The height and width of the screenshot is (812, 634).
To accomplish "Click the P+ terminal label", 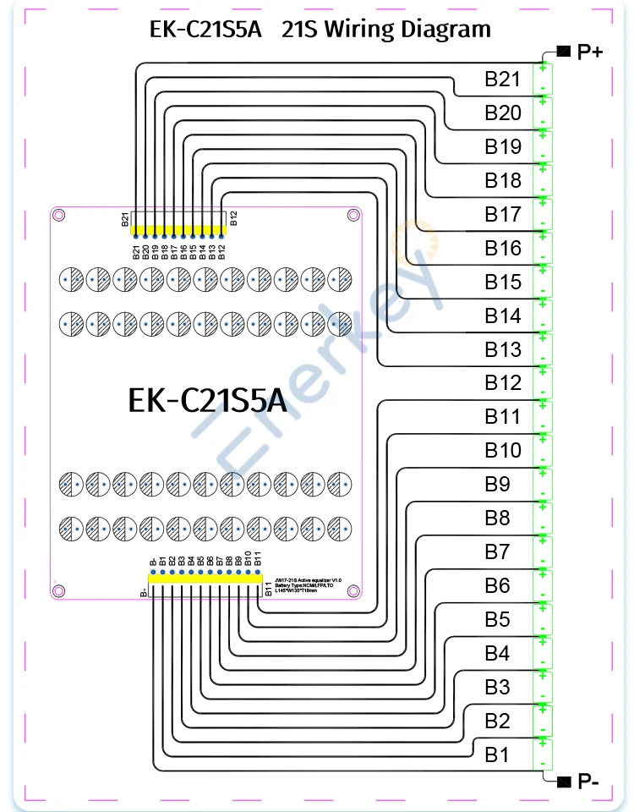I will tap(589, 52).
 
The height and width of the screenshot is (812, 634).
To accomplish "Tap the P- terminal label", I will tap(588, 782).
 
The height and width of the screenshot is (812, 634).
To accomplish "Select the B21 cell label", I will tap(502, 80).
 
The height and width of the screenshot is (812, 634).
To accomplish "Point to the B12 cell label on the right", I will tap(502, 383).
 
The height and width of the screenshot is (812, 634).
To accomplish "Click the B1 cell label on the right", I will tap(497, 754).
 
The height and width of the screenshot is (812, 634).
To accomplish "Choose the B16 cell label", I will tap(502, 248).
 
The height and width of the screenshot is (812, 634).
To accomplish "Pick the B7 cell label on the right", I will tap(497, 552).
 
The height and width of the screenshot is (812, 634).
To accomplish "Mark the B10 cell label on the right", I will tap(502, 451).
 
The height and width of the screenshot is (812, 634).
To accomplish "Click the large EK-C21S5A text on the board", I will tap(207, 401).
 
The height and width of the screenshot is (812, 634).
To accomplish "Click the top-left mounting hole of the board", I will tap(58, 216).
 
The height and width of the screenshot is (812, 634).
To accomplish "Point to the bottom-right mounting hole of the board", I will tap(353, 590).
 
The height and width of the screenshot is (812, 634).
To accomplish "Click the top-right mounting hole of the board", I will tap(353, 216).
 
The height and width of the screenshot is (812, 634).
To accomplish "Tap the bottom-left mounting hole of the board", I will tap(58, 590).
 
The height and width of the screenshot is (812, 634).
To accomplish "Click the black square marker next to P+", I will tap(563, 52).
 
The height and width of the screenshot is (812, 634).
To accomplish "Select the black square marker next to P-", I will tap(563, 779).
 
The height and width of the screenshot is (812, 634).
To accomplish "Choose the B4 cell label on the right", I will tap(497, 654).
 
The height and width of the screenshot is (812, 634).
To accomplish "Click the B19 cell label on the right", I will tap(502, 147).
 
